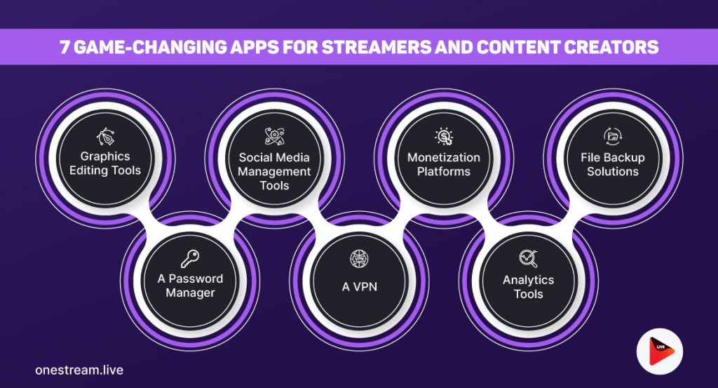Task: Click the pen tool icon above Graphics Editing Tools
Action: coord(104,137)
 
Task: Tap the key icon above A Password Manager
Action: coord(189,260)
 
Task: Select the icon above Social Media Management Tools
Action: coord(274,137)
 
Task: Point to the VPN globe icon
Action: coord(358,260)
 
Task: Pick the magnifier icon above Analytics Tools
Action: coord(528,260)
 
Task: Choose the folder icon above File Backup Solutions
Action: coord(613,137)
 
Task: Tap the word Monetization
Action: coord(444,157)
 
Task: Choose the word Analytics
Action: coord(528,280)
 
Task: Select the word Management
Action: coord(274,171)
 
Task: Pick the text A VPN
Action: coord(358,286)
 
